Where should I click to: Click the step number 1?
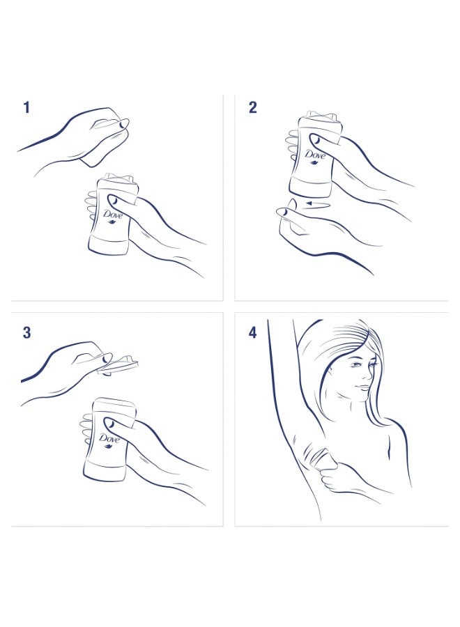pos(26,107)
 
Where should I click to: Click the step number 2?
pos(252,107)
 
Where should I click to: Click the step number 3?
pos(26,332)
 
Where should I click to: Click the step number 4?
pos(252,332)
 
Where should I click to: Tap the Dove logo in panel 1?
pos(112,215)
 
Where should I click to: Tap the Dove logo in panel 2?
pos(315,155)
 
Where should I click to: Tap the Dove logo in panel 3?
pos(109,440)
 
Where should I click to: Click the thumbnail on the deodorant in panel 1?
pos(112,199)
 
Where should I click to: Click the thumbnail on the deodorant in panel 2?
pos(315,139)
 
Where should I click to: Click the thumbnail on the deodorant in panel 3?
pos(109,424)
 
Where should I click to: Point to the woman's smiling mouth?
pos(363,387)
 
